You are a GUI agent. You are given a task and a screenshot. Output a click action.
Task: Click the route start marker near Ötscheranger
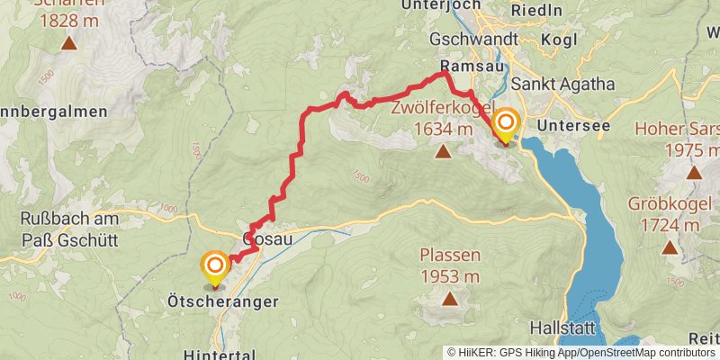tap(215, 265)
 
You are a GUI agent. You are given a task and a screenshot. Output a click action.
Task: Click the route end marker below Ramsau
tap(506, 123)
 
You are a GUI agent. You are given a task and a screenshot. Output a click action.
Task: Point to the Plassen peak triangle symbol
tap(449, 298)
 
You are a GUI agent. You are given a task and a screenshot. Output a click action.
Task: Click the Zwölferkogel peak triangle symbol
tap(443, 151)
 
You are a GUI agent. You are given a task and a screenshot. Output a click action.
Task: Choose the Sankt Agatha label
tap(562, 84)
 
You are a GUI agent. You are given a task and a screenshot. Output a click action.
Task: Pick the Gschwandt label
tap(473, 40)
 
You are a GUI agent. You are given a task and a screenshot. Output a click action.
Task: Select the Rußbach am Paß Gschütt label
tap(67, 228)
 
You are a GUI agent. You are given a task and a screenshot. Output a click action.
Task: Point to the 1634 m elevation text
tap(443, 130)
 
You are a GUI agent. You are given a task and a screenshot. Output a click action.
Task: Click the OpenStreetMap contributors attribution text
tap(644, 353)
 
